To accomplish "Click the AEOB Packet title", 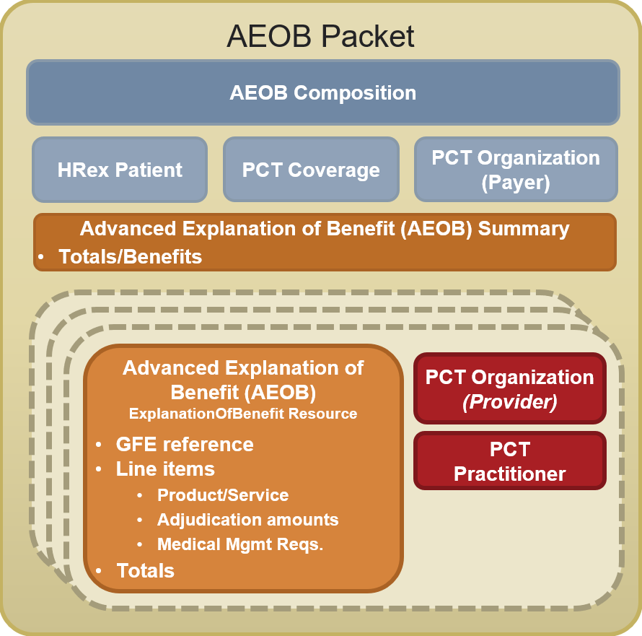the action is coord(320,36).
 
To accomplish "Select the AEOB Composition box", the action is coord(323,92).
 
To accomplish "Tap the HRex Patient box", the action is coord(120,169).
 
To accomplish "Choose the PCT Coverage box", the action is coord(311,169).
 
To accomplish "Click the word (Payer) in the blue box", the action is coord(516,183).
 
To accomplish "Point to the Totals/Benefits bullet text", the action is coord(131,257).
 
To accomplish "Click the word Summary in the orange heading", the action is coord(524,229).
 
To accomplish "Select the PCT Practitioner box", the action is coord(510,461).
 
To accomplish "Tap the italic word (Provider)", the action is coord(510,401).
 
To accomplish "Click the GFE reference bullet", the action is coord(185,444).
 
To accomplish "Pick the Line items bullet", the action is coord(165,469).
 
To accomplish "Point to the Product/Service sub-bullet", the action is coord(223,495).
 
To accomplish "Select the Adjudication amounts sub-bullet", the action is coord(248,520).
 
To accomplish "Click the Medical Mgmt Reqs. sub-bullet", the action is coord(240,544).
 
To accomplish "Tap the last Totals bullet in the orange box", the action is coord(145,570).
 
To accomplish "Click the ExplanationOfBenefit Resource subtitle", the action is coord(243,414).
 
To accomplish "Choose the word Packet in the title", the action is coord(368,36).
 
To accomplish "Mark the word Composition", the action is coord(355,93).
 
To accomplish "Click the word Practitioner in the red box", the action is coord(510,474).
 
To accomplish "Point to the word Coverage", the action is coord(334,170).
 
